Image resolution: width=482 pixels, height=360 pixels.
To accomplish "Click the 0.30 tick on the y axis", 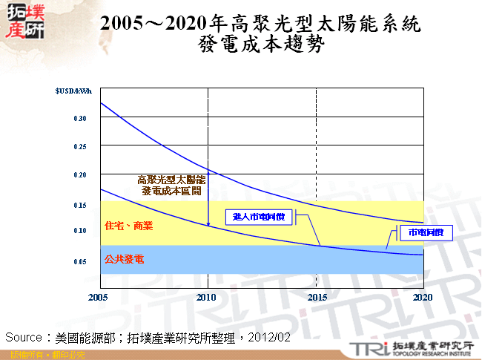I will pos(81,118).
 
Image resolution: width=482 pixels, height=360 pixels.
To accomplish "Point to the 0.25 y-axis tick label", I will pos(81,146).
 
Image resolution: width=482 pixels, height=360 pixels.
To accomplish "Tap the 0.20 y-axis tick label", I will pos(81,175).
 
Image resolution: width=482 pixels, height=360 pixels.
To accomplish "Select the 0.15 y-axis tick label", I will pos(81,204).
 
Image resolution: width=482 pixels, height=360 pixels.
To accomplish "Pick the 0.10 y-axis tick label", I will pos(81,231).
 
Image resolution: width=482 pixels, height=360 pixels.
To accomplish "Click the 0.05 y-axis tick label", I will pos(81,261).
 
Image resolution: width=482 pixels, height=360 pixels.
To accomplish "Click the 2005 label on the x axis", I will pos(98,297).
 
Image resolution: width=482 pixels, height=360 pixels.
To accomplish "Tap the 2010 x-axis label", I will pos(208,297).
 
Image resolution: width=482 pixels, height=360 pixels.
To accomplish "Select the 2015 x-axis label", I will pos(317,297).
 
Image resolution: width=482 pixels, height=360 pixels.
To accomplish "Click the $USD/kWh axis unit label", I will pos(74,91).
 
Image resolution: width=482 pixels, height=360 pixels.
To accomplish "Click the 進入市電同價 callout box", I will pos(259,217).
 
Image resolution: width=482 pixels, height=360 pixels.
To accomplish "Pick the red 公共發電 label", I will pos(124,260).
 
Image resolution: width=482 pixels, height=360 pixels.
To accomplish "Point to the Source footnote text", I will pos(148,337).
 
